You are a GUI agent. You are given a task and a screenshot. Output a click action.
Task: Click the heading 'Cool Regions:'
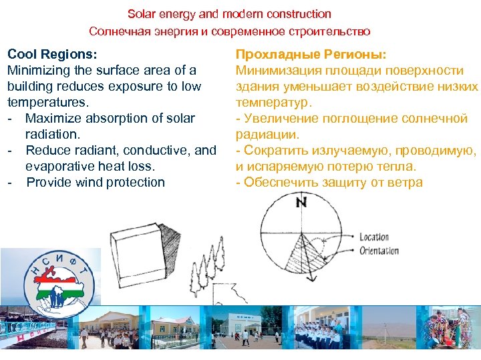coord(52,54)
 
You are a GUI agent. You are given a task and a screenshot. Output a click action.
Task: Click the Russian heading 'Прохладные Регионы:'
coord(311,54)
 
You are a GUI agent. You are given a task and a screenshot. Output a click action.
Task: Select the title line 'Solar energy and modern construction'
coord(229,13)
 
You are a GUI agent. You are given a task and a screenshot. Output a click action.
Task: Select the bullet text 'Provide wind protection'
coord(96,182)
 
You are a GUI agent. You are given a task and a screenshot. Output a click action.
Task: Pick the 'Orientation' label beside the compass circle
coord(379,251)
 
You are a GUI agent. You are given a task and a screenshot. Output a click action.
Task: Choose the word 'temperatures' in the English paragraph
coord(47,102)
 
